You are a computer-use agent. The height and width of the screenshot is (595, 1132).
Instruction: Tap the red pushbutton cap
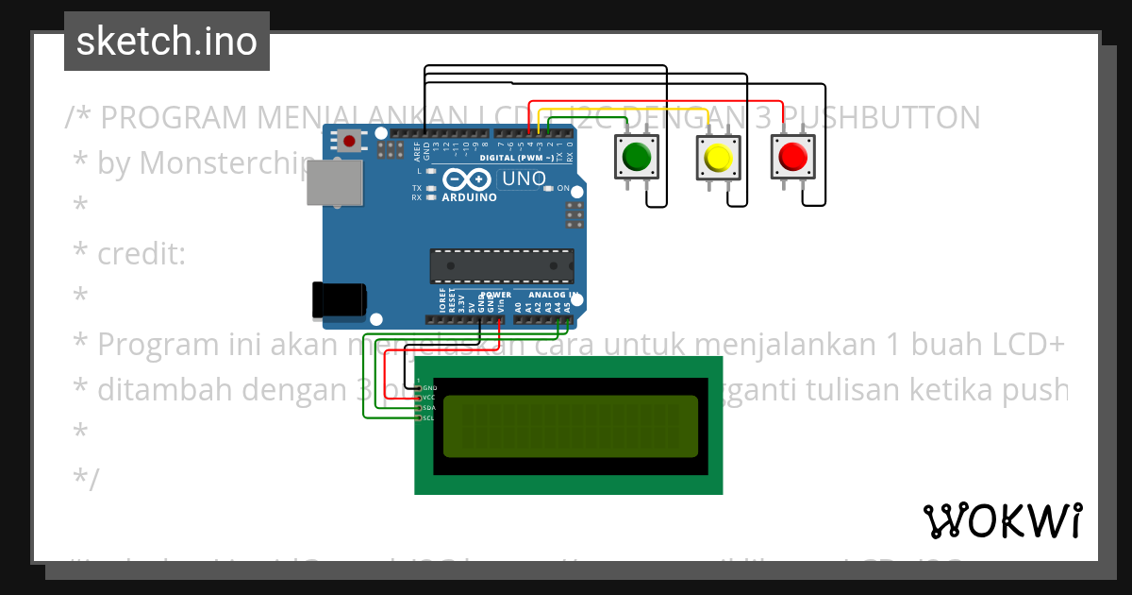(792, 156)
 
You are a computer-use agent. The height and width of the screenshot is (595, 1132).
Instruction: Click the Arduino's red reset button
(350, 143)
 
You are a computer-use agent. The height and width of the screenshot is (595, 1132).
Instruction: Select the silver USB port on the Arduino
(334, 181)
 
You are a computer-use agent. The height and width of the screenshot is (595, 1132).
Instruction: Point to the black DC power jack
(339, 298)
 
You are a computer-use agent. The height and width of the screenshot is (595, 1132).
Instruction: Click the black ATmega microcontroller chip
(501, 266)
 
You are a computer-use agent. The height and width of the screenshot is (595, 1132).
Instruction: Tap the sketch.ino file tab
(167, 42)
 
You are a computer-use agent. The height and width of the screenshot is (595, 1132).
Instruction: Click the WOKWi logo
(1003, 520)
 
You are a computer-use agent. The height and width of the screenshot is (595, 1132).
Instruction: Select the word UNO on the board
(523, 178)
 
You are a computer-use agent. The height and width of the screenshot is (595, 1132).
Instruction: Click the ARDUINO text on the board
(469, 197)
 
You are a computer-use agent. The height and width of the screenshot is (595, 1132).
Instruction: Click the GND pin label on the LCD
(429, 388)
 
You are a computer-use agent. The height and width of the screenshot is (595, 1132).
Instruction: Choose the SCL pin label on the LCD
(428, 417)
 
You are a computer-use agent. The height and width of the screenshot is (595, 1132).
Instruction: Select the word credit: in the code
(141, 254)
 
